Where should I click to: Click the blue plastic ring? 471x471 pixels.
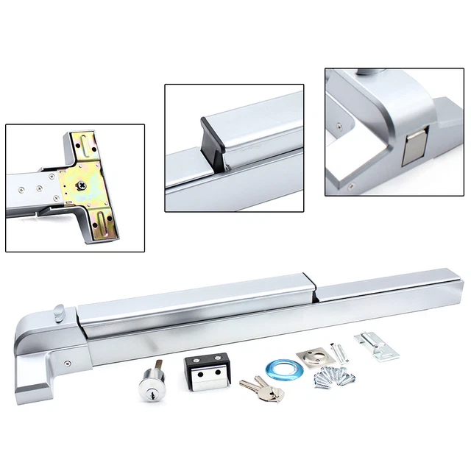pos(280,367)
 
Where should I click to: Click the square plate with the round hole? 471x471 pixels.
pos(312,357)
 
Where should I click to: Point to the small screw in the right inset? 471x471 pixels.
pos(338,127)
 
